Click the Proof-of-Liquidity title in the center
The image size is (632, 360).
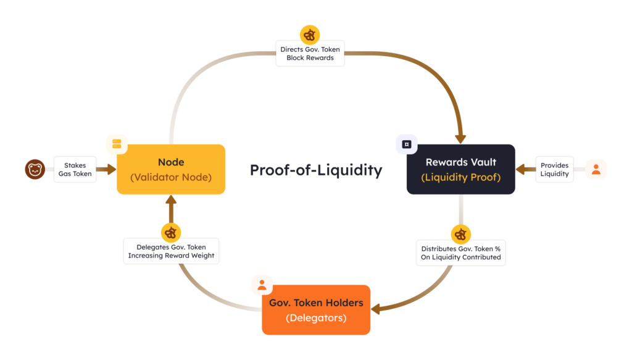pyautogui.click(x=315, y=170)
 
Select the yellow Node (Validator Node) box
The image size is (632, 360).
pyautogui.click(x=171, y=169)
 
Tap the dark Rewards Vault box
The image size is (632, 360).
pyautogui.click(x=460, y=169)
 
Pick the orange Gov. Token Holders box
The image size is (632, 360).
pyautogui.click(x=316, y=310)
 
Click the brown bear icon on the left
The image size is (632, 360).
pyautogui.click(x=35, y=169)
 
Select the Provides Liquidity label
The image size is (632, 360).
pyautogui.click(x=554, y=169)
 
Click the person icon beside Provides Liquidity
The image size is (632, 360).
pyautogui.click(x=596, y=169)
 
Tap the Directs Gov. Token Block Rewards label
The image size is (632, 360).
pyautogui.click(x=310, y=54)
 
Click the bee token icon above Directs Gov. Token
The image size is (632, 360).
pyautogui.click(x=310, y=35)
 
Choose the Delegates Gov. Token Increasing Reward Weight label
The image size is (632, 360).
pyautogui.click(x=171, y=251)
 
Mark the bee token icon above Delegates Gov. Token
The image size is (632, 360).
pyautogui.click(x=171, y=233)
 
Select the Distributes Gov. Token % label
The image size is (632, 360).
pyautogui.click(x=460, y=253)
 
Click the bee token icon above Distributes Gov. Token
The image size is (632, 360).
pyautogui.click(x=460, y=234)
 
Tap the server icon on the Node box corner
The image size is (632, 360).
pyautogui.click(x=117, y=144)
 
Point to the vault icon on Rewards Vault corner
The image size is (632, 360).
pyautogui.click(x=406, y=144)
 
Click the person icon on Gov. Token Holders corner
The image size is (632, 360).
pyautogui.click(x=262, y=285)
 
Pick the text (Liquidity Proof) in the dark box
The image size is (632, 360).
pyautogui.click(x=460, y=178)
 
